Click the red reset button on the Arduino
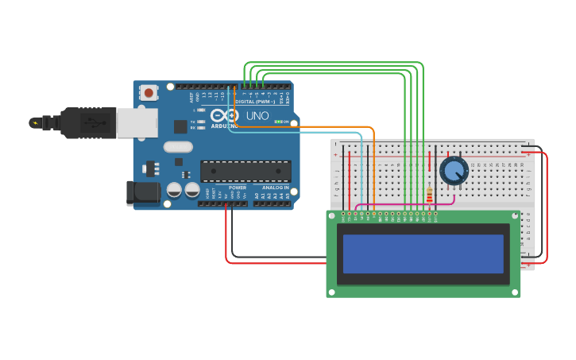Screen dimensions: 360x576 tap(148, 93)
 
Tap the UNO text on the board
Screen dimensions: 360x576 tap(257, 115)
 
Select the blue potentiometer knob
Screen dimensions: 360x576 tap(454, 170)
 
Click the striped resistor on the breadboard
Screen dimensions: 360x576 tap(430, 195)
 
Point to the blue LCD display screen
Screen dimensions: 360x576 tap(423, 254)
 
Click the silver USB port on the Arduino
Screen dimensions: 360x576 tap(137, 123)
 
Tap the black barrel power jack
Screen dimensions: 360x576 tap(140, 192)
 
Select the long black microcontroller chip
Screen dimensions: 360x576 tap(245, 171)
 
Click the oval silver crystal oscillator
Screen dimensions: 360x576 tap(179, 146)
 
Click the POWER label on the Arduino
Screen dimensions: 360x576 tap(237, 188)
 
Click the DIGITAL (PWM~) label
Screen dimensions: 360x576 tap(255, 102)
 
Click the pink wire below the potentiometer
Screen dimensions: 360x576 tap(397, 204)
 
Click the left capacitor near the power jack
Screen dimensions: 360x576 tap(174, 190)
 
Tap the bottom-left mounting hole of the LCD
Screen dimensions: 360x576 tap(331, 292)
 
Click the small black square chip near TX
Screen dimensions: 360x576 tap(180, 126)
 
